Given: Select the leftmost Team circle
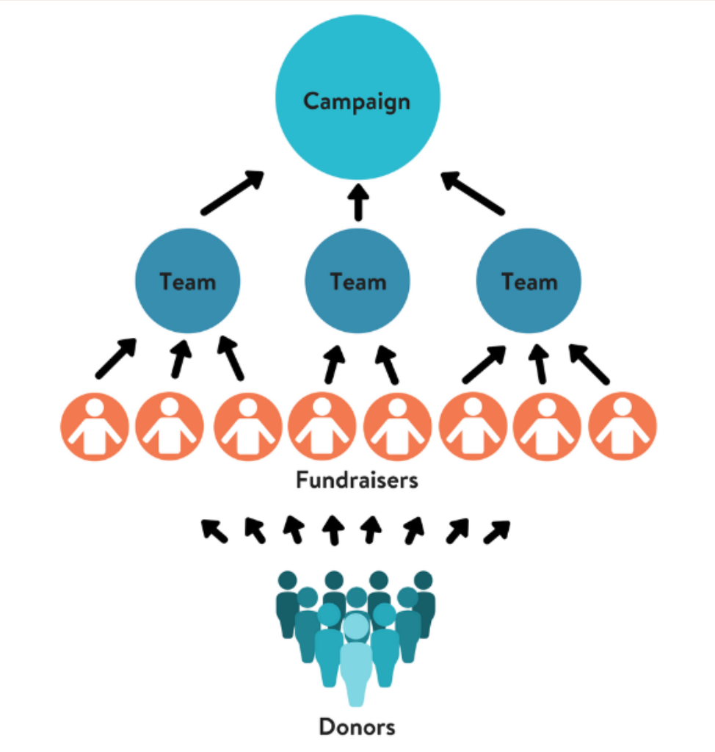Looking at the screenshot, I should pyautogui.click(x=188, y=281).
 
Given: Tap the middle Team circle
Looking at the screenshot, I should pyautogui.click(x=357, y=281).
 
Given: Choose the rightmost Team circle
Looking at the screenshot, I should pyautogui.click(x=529, y=281).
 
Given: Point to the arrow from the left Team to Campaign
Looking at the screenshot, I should pyautogui.click(x=233, y=193).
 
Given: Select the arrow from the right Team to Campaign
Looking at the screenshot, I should pyautogui.click(x=473, y=193).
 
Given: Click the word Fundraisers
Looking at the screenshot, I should pyautogui.click(x=357, y=480).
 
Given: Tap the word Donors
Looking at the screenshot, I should pyautogui.click(x=357, y=727).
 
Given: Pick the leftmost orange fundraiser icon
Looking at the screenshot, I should pyautogui.click(x=95, y=427).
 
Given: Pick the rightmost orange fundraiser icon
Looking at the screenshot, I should pyautogui.click(x=623, y=427).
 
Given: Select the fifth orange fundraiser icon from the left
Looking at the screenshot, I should pyautogui.click(x=397, y=427).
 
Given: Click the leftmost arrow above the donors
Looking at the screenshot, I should pyautogui.click(x=214, y=531).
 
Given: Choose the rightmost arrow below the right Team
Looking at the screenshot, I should pyautogui.click(x=589, y=364).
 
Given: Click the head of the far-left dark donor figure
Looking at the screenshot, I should pyautogui.click(x=287, y=580).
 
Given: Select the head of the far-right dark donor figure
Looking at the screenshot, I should pyautogui.click(x=424, y=580).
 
